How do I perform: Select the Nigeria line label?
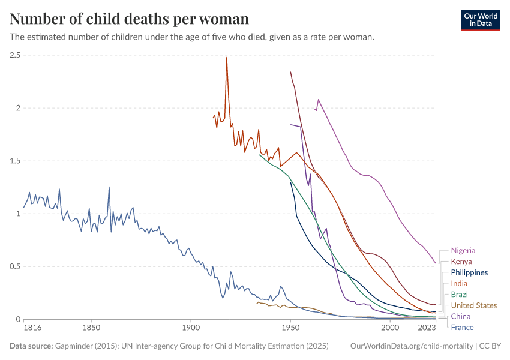coord(463,250)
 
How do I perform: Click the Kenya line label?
coord(461,262)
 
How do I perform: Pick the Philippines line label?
coord(469,272)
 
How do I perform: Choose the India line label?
coord(459,283)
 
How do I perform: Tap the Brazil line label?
coord(460,295)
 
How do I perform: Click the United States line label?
coord(473,305)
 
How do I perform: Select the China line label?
coord(460,316)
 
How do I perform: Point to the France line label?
coord(462,328)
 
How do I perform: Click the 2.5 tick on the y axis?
coord(16,55)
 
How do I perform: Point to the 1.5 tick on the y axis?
coord(16,161)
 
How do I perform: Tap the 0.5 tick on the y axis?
coord(16,266)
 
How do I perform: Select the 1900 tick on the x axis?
coord(191,328)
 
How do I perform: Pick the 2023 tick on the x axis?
coord(427,328)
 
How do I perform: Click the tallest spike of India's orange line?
coord(227,58)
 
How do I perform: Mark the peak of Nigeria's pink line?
coord(319,100)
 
